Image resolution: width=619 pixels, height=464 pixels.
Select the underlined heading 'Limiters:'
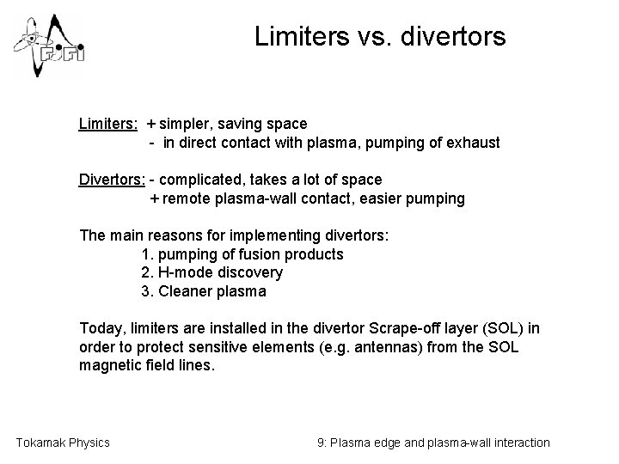tap(107, 125)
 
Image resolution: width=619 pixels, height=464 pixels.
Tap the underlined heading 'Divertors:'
tap(112, 180)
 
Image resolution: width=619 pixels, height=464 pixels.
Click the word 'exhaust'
tap(471, 143)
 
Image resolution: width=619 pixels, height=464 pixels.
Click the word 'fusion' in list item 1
tap(254, 253)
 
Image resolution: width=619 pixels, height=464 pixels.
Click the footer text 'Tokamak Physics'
tap(63, 443)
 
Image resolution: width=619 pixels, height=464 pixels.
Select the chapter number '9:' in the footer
tap(322, 443)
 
